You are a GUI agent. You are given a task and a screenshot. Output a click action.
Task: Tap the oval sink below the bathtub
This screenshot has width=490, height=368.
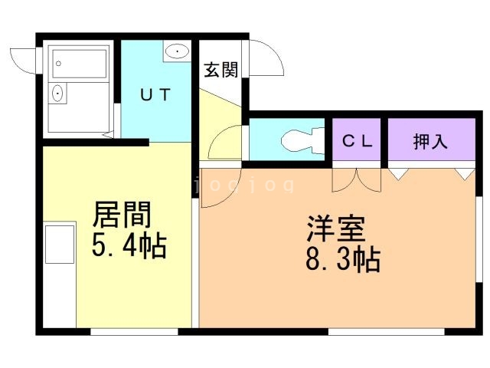[57, 94]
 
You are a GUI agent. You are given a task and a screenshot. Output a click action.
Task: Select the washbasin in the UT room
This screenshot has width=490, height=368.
[177, 52]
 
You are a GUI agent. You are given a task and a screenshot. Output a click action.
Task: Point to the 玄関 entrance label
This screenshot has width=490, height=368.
[220, 70]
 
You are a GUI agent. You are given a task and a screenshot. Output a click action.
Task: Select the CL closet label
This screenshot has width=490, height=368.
[357, 141]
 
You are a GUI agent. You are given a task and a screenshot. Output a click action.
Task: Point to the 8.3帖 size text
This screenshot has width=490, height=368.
[342, 261]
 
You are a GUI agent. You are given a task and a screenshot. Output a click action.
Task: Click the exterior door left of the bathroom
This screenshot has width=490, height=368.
[24, 60]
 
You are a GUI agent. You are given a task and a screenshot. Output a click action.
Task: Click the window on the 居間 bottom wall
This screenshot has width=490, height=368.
[135, 332]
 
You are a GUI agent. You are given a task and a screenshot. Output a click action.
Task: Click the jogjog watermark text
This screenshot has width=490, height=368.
[243, 185]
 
